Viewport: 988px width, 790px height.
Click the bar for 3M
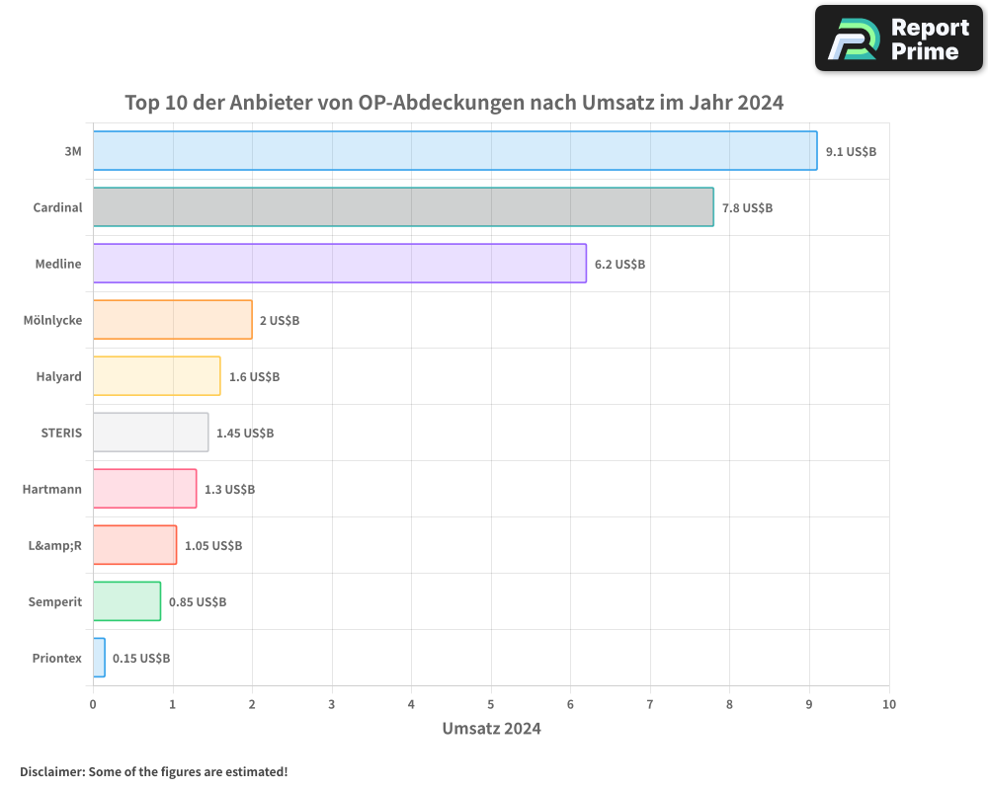coord(454,151)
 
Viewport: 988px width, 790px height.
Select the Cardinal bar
coord(403,207)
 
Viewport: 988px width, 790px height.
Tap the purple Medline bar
coord(339,264)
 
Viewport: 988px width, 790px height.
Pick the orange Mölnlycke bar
coord(172,320)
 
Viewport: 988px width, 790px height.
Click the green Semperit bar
coord(126,601)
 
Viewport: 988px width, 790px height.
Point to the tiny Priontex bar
coord(99,658)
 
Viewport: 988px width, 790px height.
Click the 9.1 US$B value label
coord(851,152)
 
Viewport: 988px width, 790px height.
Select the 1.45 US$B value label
coord(245,434)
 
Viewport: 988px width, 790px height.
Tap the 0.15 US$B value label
coord(141,659)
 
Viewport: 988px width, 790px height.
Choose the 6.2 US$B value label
coord(619,265)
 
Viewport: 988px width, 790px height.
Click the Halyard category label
coord(59,376)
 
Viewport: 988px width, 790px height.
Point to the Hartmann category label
coord(52,489)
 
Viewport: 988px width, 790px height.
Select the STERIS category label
coord(61,433)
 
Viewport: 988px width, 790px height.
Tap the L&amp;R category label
coord(54,545)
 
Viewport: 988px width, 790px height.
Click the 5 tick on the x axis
coord(491,704)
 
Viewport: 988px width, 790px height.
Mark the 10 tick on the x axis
coord(889,704)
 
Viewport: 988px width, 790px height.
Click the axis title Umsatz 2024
coord(491,729)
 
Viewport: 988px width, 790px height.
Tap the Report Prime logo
coord(898,39)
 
